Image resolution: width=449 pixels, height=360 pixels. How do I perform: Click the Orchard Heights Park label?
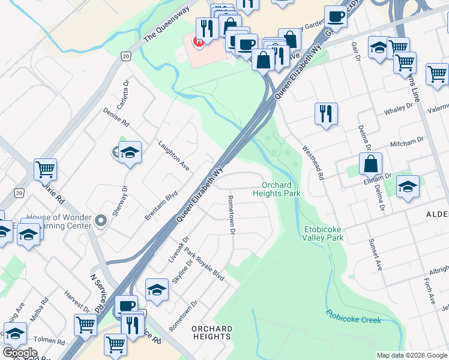[x=276, y=189]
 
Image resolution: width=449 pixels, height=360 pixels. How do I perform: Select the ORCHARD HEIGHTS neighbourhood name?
[x=212, y=332]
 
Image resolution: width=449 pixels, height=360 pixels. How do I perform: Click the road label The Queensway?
[x=166, y=25]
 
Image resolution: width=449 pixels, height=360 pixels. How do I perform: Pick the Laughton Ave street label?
[x=174, y=156]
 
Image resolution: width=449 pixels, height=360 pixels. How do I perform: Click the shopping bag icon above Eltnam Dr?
[x=371, y=163]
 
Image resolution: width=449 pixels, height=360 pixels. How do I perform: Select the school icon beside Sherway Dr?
[x=129, y=153]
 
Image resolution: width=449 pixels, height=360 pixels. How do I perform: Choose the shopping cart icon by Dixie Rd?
[x=45, y=169]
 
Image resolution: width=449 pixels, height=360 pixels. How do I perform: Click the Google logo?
[x=20, y=353]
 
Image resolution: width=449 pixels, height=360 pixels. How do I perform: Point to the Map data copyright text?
[x=412, y=355]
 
